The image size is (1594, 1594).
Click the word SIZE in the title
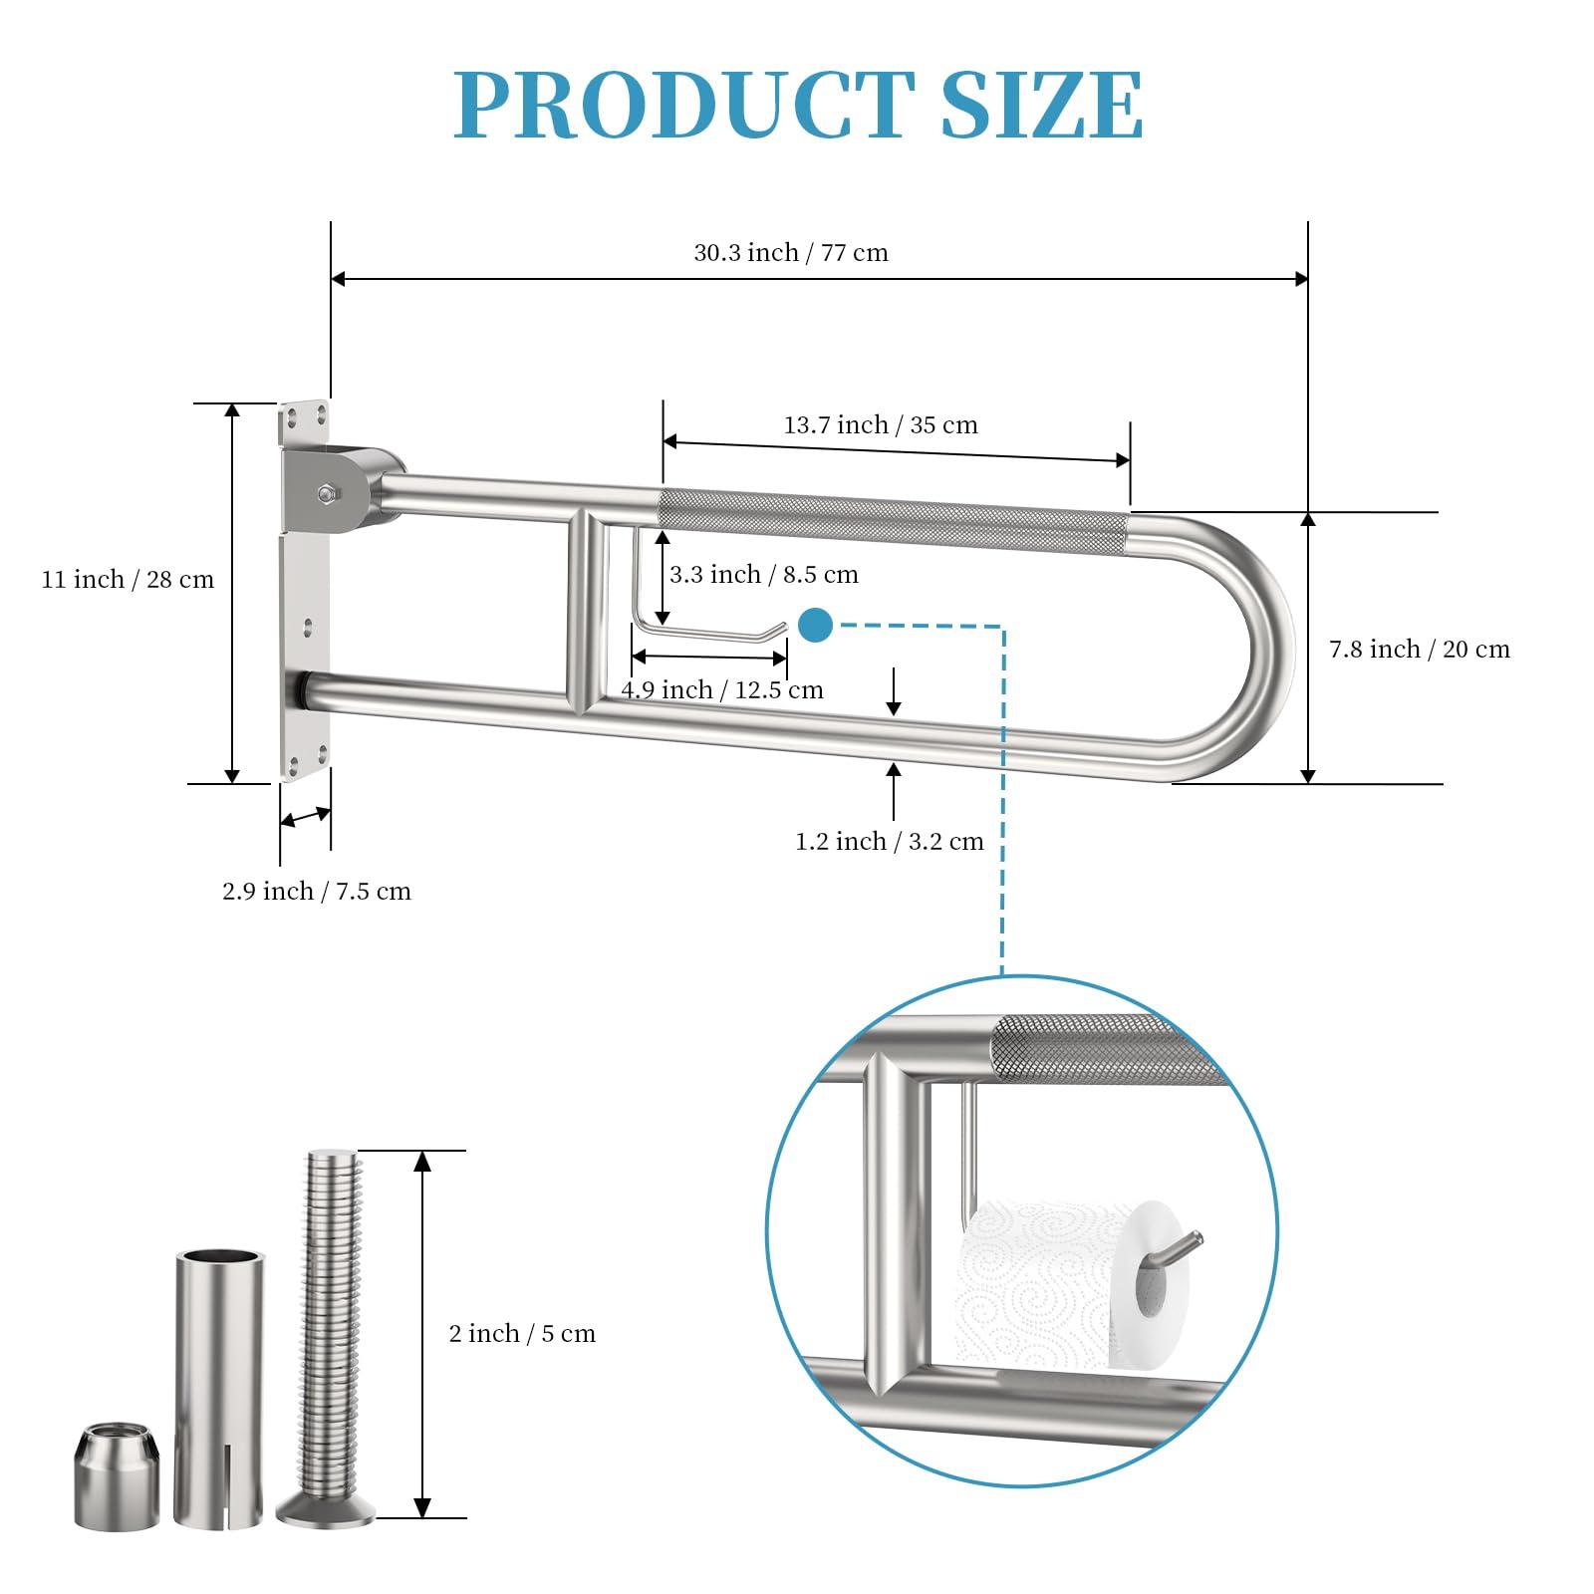[x=1041, y=105]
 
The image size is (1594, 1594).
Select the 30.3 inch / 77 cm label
[x=791, y=253]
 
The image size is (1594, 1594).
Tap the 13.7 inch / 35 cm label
[x=881, y=425]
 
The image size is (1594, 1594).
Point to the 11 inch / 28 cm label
[x=128, y=580]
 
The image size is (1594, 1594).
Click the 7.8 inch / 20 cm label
[x=1419, y=650]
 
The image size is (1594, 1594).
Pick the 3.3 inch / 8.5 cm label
[x=763, y=575]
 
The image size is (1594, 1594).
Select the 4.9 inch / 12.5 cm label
[x=722, y=690]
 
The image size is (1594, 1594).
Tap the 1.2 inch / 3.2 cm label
[x=889, y=842]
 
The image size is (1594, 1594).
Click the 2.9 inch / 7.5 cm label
[x=316, y=892]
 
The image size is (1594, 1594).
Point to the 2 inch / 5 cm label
[x=522, y=1334]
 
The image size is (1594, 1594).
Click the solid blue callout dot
[x=815, y=626]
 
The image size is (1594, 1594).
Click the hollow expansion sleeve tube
[x=219, y=1395]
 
